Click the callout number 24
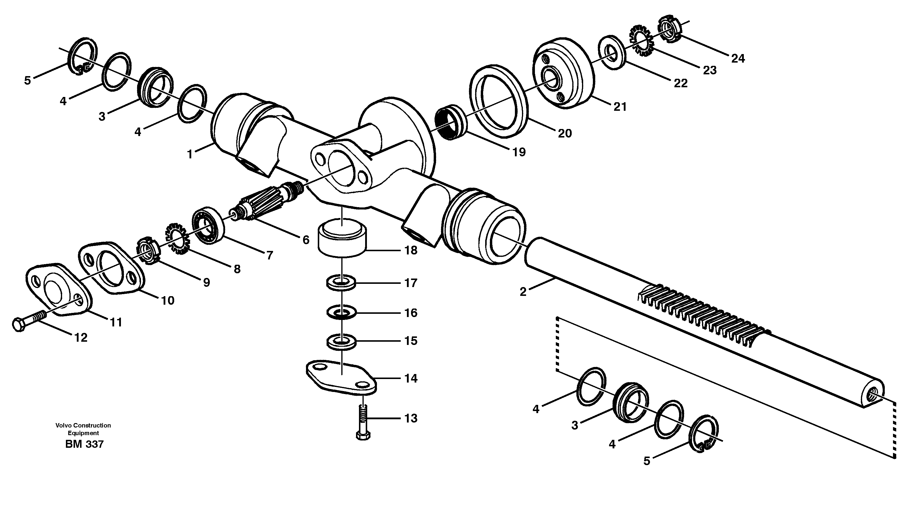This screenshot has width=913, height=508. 738,58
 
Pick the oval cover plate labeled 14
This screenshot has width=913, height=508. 341,379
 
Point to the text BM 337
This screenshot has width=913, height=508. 84,444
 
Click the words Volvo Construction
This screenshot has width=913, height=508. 83,425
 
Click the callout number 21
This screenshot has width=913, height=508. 620,107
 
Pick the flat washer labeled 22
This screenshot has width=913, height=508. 612,52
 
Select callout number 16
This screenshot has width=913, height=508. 411,313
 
